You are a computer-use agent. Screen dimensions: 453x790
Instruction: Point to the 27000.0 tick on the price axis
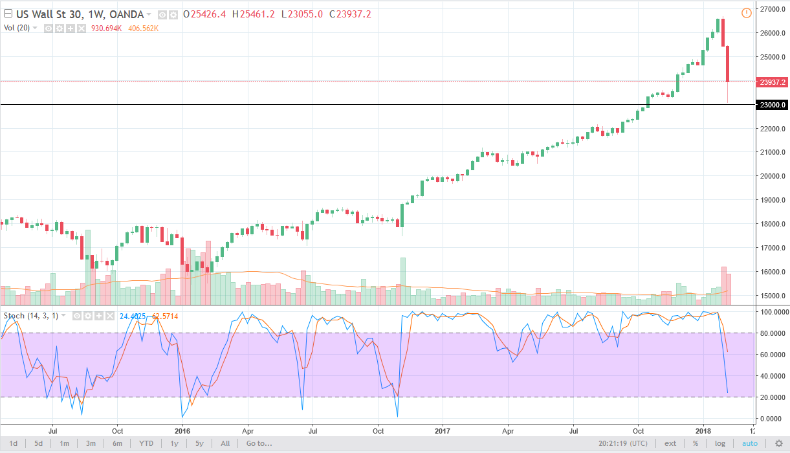point(769,10)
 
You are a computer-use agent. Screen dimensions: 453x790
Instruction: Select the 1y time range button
point(174,444)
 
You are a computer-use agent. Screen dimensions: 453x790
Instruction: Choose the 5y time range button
point(199,444)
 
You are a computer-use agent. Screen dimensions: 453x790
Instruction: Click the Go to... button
point(259,444)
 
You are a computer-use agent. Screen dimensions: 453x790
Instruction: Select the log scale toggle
point(720,444)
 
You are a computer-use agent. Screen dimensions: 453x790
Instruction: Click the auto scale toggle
point(749,444)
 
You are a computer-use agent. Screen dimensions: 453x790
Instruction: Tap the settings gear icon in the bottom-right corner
point(778,444)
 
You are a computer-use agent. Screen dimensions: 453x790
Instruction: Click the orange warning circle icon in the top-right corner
point(746,13)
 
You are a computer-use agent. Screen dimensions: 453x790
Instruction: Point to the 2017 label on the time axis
point(443,430)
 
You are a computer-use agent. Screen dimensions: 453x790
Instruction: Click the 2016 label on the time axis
point(182,430)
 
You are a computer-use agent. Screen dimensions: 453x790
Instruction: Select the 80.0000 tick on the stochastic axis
point(769,333)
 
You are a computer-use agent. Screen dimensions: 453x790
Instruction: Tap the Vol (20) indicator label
point(16,28)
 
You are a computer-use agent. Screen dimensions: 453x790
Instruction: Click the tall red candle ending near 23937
point(728,64)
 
